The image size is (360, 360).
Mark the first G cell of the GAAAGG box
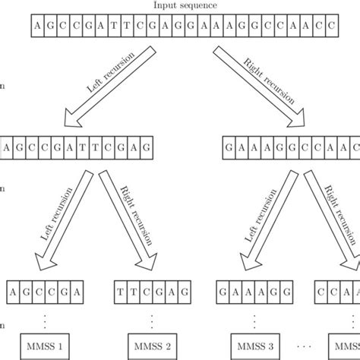pyautogui.click(x=224, y=291)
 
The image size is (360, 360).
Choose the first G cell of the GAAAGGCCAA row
pyautogui.click(x=230, y=144)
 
